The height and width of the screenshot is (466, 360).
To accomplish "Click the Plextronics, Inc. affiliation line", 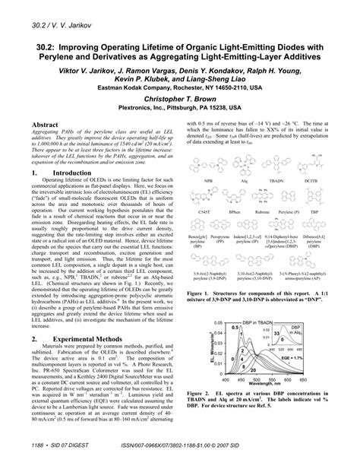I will coord(181,108).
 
